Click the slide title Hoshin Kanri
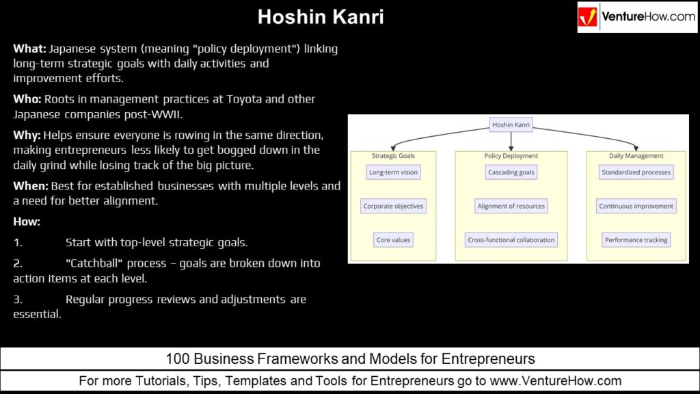coord(321,17)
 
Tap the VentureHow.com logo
coord(636,17)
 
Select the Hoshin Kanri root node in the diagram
coord(511,124)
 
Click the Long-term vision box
coord(393,172)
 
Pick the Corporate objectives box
coord(393,206)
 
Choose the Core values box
coord(393,240)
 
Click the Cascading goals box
coord(511,172)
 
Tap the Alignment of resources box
coord(511,206)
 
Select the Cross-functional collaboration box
coord(511,240)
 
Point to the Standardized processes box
coord(636,172)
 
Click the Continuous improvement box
coord(636,206)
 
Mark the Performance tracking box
coord(636,240)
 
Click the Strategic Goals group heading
coord(393,156)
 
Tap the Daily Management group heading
coord(636,156)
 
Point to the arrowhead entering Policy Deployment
coord(511,148)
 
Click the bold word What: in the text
coord(29,49)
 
